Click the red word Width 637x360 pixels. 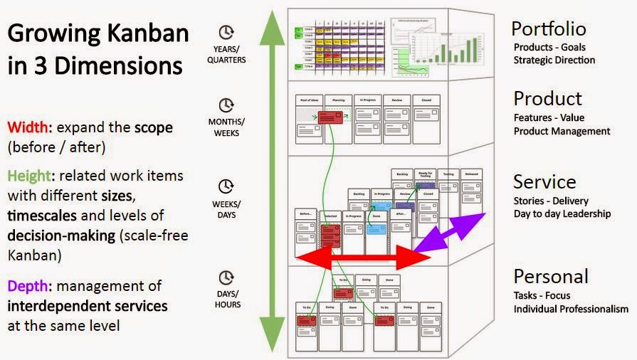coord(28,128)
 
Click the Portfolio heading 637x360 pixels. coord(549,28)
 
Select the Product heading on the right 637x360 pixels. coord(547,99)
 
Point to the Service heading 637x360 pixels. coord(544,181)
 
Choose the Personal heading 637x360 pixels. coord(550,276)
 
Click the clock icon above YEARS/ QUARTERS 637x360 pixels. coord(226,33)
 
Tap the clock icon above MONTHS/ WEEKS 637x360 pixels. coord(226,106)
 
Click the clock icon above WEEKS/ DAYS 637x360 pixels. coord(226,186)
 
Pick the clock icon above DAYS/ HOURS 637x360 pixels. coord(226,277)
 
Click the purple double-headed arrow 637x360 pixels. coord(450,231)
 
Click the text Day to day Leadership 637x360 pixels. coord(562,214)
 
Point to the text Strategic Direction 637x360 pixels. coord(554,60)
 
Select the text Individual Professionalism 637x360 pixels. coord(571,309)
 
